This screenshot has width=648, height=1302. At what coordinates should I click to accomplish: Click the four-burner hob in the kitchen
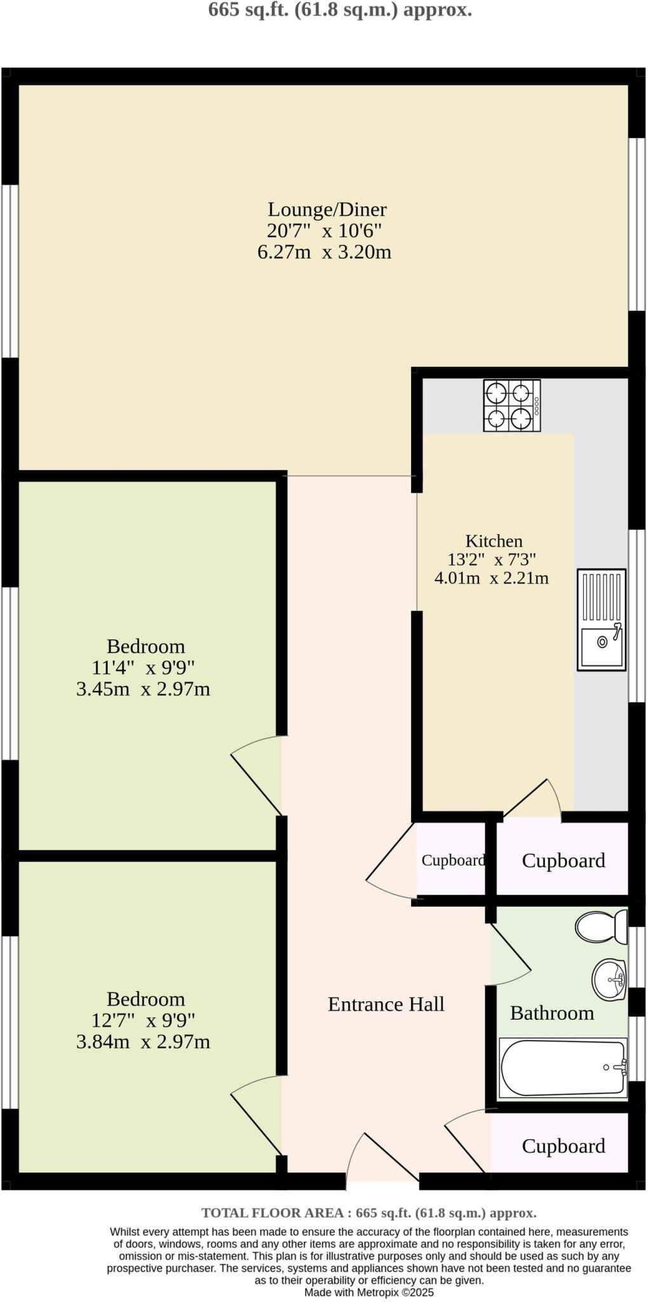[511, 405]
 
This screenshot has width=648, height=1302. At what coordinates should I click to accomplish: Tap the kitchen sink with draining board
[601, 619]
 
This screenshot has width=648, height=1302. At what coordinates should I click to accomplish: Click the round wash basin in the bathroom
[609, 980]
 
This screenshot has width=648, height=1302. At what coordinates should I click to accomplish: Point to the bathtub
[563, 1068]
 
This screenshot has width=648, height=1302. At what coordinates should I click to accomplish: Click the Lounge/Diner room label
[327, 209]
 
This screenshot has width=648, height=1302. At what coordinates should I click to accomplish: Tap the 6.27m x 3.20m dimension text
[324, 252]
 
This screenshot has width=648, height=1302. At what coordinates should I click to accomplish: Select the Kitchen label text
[494, 541]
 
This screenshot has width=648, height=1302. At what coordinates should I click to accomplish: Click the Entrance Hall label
[386, 1004]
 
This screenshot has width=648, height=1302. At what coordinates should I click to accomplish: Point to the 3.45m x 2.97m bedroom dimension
[143, 689]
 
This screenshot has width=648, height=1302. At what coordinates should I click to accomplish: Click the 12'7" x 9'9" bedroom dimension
[143, 1020]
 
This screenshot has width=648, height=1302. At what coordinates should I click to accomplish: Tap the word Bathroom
[551, 1013]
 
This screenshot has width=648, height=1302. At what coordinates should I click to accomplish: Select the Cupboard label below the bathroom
[563, 1146]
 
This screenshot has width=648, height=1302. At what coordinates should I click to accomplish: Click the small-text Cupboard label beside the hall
[453, 860]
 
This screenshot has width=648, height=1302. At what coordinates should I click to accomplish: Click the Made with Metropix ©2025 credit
[368, 1292]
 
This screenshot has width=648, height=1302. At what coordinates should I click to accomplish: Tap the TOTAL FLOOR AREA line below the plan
[368, 1212]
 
